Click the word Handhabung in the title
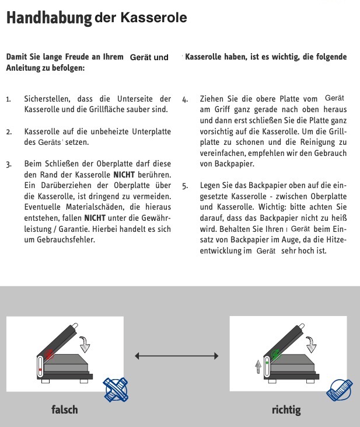click(x=48, y=18)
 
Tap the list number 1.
click(x=9, y=100)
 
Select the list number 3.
click(x=9, y=165)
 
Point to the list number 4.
click(x=185, y=100)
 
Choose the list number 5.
click(x=185, y=187)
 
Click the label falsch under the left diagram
click(x=64, y=409)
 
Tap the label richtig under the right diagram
click(x=286, y=409)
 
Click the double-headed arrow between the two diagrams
click(x=176, y=356)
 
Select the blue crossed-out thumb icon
click(x=116, y=389)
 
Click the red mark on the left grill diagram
click(x=50, y=353)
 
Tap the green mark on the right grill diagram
click(x=275, y=353)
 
